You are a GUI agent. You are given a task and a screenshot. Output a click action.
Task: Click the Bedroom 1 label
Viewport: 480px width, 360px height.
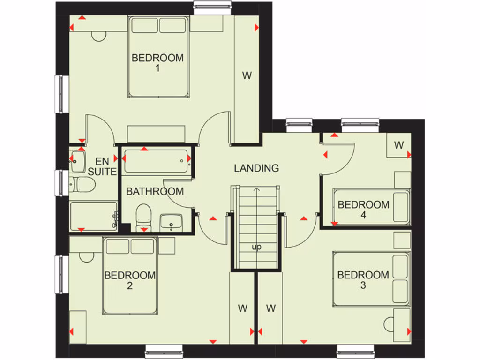[x=157, y=63]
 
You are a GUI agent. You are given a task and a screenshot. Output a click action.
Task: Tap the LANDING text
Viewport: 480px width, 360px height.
[x=256, y=168]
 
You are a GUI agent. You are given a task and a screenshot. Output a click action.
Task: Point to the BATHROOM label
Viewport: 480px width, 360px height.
[x=155, y=191]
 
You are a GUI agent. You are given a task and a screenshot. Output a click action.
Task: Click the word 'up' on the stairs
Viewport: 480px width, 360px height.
[x=256, y=247]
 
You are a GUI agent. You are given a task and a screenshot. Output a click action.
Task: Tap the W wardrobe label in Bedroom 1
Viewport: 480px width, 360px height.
[x=247, y=75]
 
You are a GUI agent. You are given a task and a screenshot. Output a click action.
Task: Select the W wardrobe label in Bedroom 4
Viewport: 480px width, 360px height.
[x=398, y=145]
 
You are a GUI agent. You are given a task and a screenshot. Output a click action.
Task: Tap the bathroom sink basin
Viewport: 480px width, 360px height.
[x=171, y=222]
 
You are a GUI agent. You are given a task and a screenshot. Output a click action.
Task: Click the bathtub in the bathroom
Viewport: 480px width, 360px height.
[x=157, y=160]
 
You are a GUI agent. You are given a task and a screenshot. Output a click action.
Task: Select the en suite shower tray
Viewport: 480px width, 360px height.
[x=93, y=216]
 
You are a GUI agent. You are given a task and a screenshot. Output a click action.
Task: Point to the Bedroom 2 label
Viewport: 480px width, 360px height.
[x=130, y=280]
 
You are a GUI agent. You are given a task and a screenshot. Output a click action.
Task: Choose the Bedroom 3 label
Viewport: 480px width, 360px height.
[x=363, y=280]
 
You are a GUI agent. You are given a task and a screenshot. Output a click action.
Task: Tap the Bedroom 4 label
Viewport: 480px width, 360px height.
[x=363, y=210]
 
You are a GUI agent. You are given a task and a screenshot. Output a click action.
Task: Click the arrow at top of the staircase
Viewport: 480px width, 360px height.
[x=256, y=190]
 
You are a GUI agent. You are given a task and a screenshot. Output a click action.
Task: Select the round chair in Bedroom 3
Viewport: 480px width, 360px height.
[x=389, y=324]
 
